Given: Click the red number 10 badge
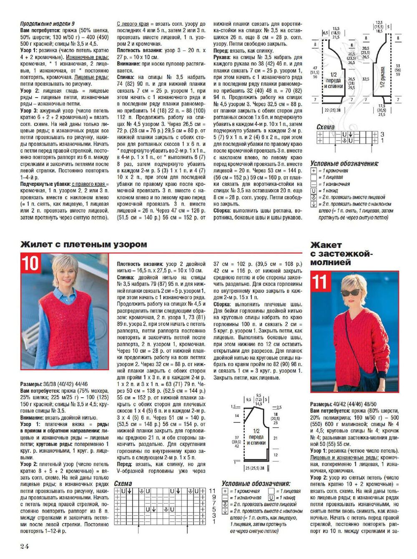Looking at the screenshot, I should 30,263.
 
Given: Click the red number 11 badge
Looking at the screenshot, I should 320,281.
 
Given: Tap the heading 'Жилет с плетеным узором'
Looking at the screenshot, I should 83,245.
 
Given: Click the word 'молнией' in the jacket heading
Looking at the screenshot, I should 331,262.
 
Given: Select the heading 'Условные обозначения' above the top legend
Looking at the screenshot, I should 344,164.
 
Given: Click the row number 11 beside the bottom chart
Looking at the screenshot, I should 213,491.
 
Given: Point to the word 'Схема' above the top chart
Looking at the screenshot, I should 325,127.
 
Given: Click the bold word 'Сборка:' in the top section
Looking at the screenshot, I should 223,211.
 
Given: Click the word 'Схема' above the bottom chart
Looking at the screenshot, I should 123,484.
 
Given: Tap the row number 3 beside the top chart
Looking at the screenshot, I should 382,134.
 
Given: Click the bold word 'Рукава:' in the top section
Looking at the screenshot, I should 222,57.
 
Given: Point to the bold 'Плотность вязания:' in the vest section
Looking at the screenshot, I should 140,264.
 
